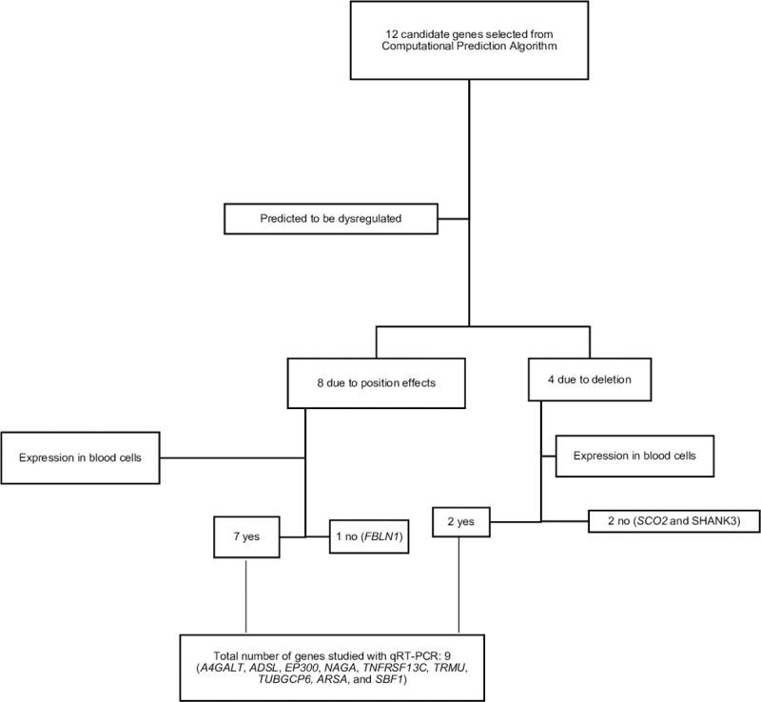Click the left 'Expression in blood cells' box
pos(82,458)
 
